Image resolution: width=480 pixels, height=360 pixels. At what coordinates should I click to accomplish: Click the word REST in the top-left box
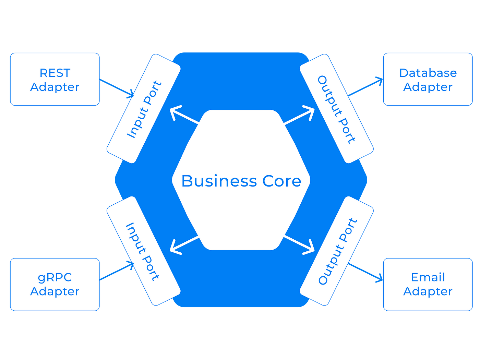pyautogui.click(x=55, y=73)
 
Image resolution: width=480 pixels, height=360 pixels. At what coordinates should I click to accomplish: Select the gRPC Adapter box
pyautogui.click(x=55, y=284)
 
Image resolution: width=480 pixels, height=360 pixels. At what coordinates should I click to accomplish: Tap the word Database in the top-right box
pyautogui.click(x=428, y=73)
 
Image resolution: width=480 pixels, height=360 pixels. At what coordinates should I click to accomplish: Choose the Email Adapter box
pyautogui.click(x=428, y=284)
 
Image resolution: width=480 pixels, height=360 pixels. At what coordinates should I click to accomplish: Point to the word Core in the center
pyautogui.click(x=282, y=181)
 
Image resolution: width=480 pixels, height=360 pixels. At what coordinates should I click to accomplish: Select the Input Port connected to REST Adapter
pyautogui.click(x=144, y=109)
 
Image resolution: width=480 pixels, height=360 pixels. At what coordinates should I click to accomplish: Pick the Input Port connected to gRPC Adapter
pyautogui.click(x=144, y=251)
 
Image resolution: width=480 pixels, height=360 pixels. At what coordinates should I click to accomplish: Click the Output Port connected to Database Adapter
pyautogui.click(x=336, y=109)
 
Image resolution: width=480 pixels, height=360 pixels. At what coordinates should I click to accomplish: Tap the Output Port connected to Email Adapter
pyautogui.click(x=336, y=251)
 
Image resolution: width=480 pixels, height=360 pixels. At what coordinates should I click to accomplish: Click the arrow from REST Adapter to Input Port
pyautogui.click(x=116, y=88)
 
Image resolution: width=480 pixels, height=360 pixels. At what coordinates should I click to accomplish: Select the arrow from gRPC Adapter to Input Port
pyautogui.click(x=116, y=271)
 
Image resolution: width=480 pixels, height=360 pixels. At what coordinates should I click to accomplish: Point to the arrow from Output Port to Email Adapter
pyautogui.click(x=365, y=273)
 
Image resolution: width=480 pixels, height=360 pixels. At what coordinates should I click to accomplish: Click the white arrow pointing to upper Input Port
pyautogui.click(x=184, y=115)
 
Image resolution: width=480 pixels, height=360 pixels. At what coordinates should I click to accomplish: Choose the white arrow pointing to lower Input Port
pyautogui.click(x=184, y=245)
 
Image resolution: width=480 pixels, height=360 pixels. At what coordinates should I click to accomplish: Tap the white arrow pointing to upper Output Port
pyautogui.click(x=299, y=115)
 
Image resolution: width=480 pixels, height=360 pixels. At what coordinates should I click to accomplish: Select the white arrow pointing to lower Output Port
pyautogui.click(x=299, y=245)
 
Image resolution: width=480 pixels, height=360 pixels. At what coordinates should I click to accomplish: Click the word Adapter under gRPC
pyautogui.click(x=55, y=291)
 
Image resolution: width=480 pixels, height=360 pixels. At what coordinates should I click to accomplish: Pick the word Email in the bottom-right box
pyautogui.click(x=428, y=277)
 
